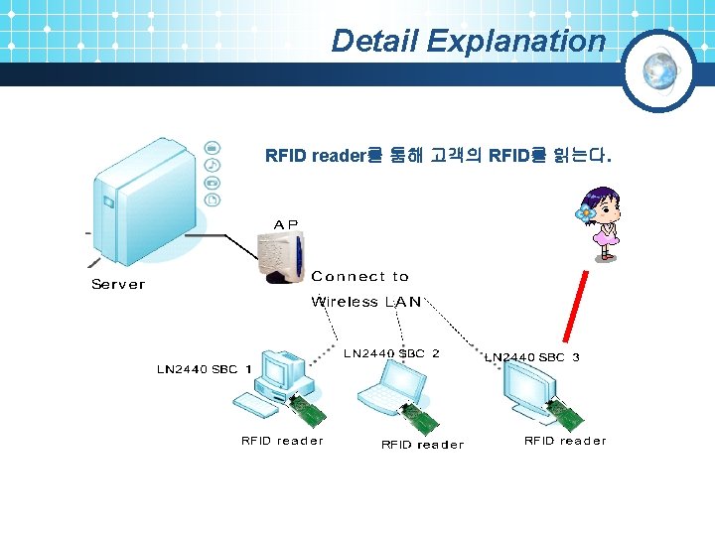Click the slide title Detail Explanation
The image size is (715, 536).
click(468, 41)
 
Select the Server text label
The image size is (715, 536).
click(118, 285)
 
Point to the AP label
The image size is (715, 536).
click(285, 224)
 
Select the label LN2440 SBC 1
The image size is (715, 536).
click(204, 369)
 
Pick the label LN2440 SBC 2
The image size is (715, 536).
click(391, 353)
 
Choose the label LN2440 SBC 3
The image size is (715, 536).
click(532, 357)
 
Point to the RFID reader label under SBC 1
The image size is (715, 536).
click(282, 441)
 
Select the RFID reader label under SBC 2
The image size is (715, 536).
click(422, 445)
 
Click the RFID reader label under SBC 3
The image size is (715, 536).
click(565, 441)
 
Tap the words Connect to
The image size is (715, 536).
click(359, 277)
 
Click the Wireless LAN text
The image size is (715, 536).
click(365, 302)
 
